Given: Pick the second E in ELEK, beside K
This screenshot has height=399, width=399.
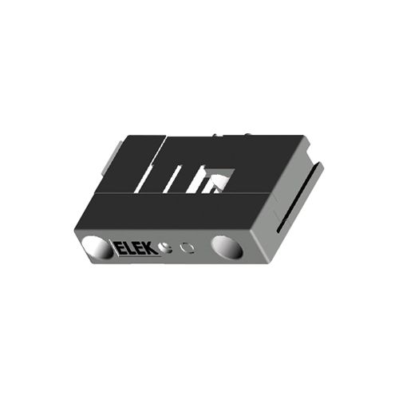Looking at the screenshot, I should (x=142, y=249).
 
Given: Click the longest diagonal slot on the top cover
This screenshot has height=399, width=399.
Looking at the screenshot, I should (x=152, y=164).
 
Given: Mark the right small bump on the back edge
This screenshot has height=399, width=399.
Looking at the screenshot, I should (x=248, y=134).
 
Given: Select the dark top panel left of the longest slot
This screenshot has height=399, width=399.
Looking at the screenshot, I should (x=132, y=164).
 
